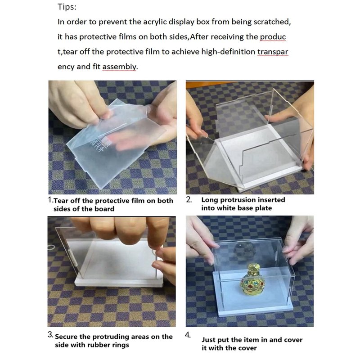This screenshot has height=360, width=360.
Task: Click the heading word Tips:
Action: coord(67,7)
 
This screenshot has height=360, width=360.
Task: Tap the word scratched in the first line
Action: coord(272,22)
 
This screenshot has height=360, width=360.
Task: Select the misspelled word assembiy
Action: coord(120,67)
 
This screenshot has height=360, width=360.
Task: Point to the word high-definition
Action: coord(228,52)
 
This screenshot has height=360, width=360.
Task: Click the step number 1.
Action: coord(50,200)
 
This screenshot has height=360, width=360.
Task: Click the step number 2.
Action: coord(189,199)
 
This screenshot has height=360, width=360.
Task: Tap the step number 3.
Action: coord(50,334)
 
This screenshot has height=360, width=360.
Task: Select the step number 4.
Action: coord(188,335)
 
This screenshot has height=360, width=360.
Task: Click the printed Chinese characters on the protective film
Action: coord(101,144)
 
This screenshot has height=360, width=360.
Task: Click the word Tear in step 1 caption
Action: coord(61,201)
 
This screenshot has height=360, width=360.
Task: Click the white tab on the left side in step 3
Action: coord(72,258)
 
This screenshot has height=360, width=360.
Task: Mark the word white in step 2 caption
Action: coord(226,208)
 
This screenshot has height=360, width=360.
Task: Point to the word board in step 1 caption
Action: coord(105,209)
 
